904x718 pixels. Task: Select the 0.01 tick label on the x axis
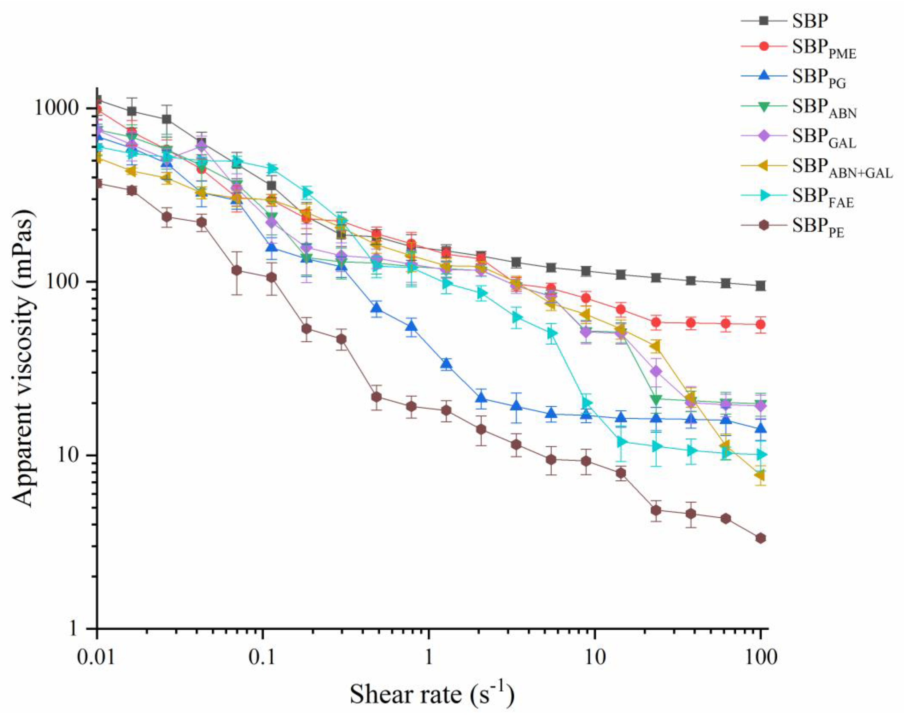click(x=97, y=658)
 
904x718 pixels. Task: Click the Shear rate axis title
click(x=432, y=694)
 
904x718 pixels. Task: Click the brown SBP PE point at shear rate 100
click(x=761, y=538)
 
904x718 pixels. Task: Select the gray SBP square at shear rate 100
click(x=761, y=286)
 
